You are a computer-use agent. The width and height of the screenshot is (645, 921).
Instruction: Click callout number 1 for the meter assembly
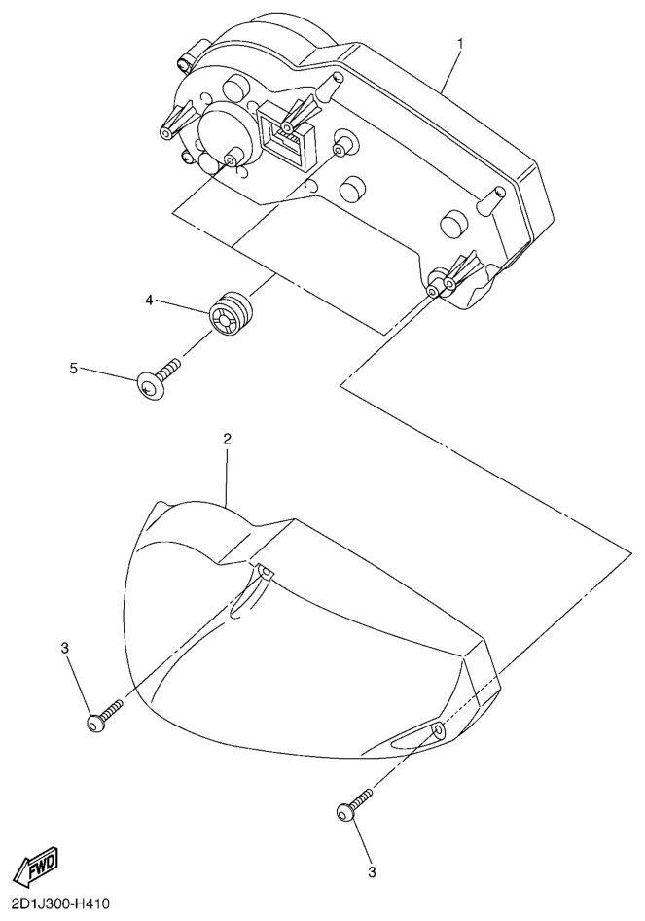coord(460,44)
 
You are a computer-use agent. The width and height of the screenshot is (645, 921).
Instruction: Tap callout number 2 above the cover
coord(228,439)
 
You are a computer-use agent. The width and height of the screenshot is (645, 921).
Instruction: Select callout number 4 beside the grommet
coord(150,301)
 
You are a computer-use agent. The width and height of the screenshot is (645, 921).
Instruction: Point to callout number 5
coord(73,368)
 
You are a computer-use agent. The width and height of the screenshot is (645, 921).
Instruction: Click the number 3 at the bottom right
coord(371,872)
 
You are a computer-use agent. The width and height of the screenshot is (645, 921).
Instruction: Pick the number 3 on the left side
coord(64,648)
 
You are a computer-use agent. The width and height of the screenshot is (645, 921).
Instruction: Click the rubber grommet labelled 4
coord(230,313)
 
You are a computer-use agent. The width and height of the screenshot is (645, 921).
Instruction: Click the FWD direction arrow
coord(36,866)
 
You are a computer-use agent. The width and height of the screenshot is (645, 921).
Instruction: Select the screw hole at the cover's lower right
coord(439,730)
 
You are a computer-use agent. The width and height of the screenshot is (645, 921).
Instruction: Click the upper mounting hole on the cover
coord(265,572)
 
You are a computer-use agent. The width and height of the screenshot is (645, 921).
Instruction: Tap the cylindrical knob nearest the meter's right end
coord(453,224)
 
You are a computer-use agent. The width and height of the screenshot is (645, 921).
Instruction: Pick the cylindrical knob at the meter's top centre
coord(236,89)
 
